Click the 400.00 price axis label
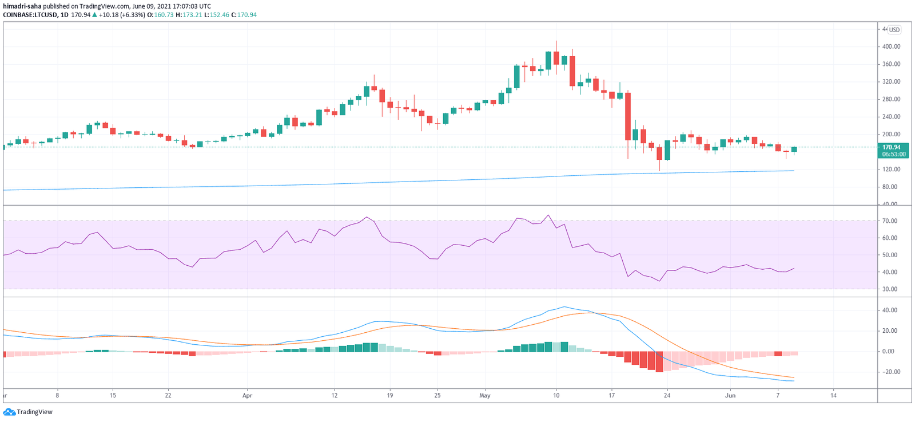891,46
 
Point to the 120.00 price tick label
891,170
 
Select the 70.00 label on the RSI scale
889,221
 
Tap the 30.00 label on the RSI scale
889,289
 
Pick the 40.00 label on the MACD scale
889,310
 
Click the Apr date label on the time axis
247,395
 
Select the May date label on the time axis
485,395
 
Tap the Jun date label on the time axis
730,395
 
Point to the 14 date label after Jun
833,395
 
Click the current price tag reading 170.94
892,147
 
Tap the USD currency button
894,30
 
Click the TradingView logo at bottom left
28,412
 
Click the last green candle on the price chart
794,149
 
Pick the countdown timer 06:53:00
893,154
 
